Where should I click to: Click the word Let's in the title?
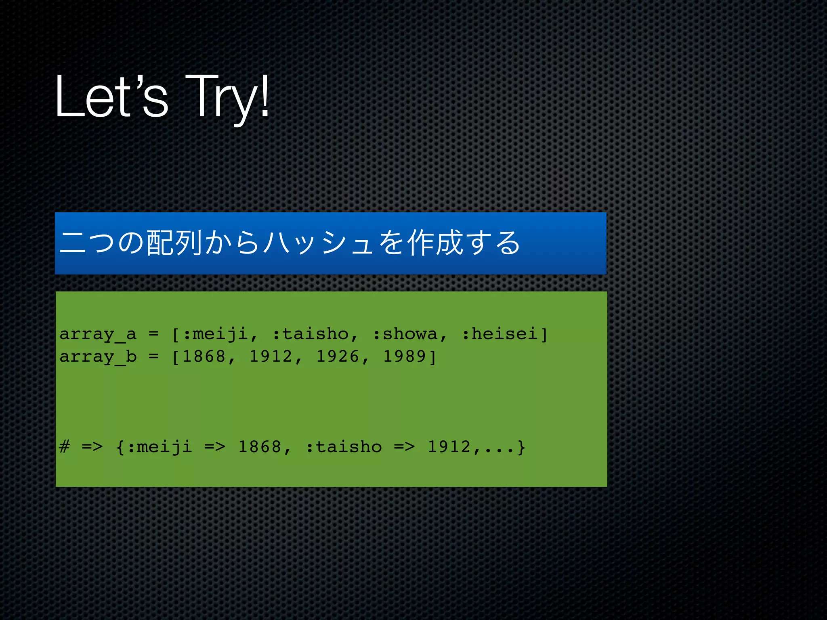111,97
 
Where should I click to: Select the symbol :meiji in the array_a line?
215,334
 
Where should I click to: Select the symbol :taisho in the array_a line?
310,334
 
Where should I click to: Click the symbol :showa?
405,334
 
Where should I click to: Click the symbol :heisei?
500,334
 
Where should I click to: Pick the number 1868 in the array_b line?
204,357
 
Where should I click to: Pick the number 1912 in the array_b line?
271,357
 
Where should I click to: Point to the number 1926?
338,357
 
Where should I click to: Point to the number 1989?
404,357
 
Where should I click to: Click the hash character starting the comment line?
64,447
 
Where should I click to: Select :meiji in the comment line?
159,447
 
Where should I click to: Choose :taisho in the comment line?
344,447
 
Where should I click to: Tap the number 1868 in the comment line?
260,447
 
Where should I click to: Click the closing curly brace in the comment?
521,447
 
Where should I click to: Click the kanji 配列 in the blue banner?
174,243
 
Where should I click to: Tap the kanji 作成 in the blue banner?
434,243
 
